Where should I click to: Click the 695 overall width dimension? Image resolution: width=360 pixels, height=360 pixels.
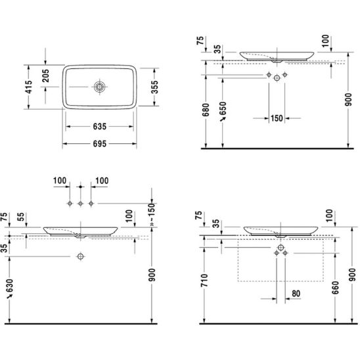[100, 144]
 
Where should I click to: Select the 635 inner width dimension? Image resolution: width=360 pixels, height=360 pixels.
[100, 127]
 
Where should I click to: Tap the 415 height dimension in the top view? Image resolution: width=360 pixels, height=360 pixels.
[29, 87]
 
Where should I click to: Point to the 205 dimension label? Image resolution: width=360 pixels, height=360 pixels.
[46, 76]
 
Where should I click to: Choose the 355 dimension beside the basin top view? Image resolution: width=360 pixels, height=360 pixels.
[154, 87]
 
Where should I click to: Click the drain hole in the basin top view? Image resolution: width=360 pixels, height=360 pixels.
[99, 87]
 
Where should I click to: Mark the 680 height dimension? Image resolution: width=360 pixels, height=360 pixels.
[206, 110]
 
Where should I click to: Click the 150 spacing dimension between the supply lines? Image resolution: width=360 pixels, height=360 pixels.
[277, 118]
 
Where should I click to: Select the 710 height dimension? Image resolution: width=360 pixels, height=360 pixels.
[204, 281]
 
